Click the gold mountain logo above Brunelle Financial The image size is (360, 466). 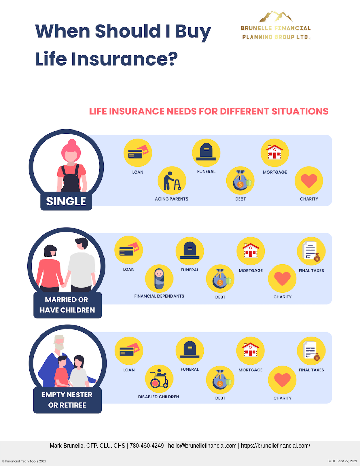(276, 16)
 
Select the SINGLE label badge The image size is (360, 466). (66, 201)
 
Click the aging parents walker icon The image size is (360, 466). (172, 181)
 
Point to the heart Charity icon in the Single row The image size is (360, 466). (309, 181)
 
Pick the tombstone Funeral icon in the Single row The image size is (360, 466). (206, 153)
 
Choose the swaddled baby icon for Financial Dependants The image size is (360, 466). (159, 278)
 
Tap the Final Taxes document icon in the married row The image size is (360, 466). (311, 251)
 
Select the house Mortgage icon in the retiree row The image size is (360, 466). (250, 351)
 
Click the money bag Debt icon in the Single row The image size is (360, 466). (240, 181)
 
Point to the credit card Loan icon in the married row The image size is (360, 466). (129, 250)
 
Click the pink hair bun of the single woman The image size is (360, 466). (72, 142)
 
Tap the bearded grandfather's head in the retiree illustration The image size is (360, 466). (59, 342)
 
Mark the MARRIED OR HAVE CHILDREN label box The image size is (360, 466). (68, 305)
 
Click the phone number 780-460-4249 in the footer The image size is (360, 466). (147, 446)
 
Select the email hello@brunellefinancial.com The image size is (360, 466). (202, 446)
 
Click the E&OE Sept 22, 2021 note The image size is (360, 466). (342, 461)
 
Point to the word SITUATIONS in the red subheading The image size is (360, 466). (300, 111)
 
